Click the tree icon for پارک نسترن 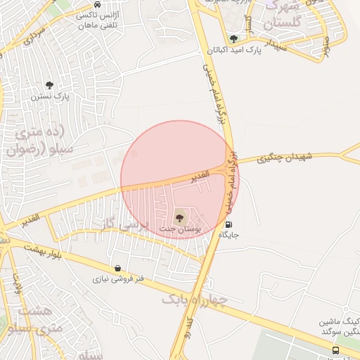[x=49, y=84]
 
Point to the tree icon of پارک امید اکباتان [x=233, y=39]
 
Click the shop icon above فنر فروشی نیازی [x=117, y=268]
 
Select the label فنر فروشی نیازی [x=118, y=279]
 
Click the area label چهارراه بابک [x=195, y=300]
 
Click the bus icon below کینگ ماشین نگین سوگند [x=336, y=349]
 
